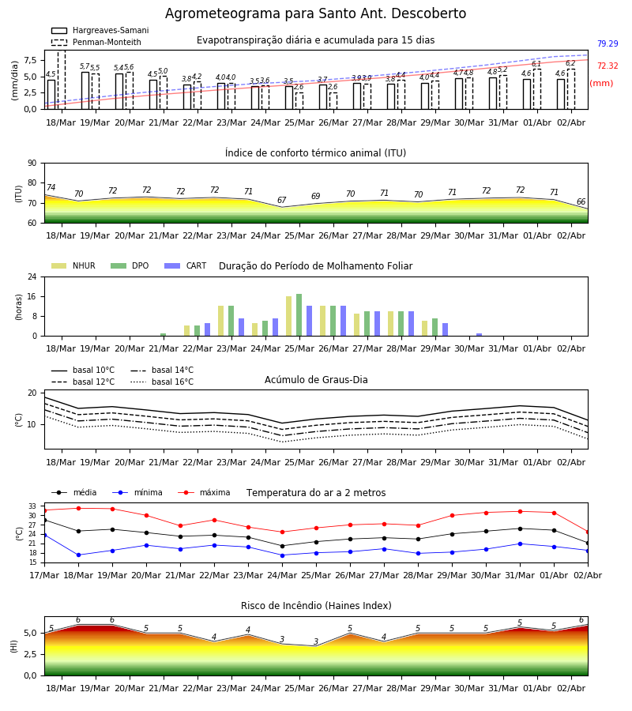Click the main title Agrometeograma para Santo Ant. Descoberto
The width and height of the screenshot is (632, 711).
[315, 13]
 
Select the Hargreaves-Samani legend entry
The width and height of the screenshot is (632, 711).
[100, 30]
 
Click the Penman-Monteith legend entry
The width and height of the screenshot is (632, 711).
[96, 42]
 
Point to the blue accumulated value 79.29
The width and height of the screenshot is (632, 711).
[608, 43]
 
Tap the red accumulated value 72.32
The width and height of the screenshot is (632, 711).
[608, 66]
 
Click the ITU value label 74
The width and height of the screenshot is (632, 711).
[51, 187]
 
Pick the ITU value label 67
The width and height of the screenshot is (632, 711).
[281, 200]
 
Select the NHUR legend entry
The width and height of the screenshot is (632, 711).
[73, 265]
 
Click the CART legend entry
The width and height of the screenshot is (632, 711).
[186, 265]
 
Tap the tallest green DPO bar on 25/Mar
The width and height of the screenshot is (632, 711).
[299, 315]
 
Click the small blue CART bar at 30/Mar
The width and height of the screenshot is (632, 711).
[480, 335]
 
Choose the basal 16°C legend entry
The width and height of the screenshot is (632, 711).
[162, 382]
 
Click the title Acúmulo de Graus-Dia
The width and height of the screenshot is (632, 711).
[316, 380]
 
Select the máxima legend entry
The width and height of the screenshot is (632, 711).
[204, 492]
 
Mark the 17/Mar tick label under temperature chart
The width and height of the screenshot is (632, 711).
[44, 575]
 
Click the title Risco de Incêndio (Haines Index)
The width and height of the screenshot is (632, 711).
[316, 606]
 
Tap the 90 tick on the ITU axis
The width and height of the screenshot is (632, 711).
[32, 164]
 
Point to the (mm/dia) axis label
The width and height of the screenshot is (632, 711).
[14, 81]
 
